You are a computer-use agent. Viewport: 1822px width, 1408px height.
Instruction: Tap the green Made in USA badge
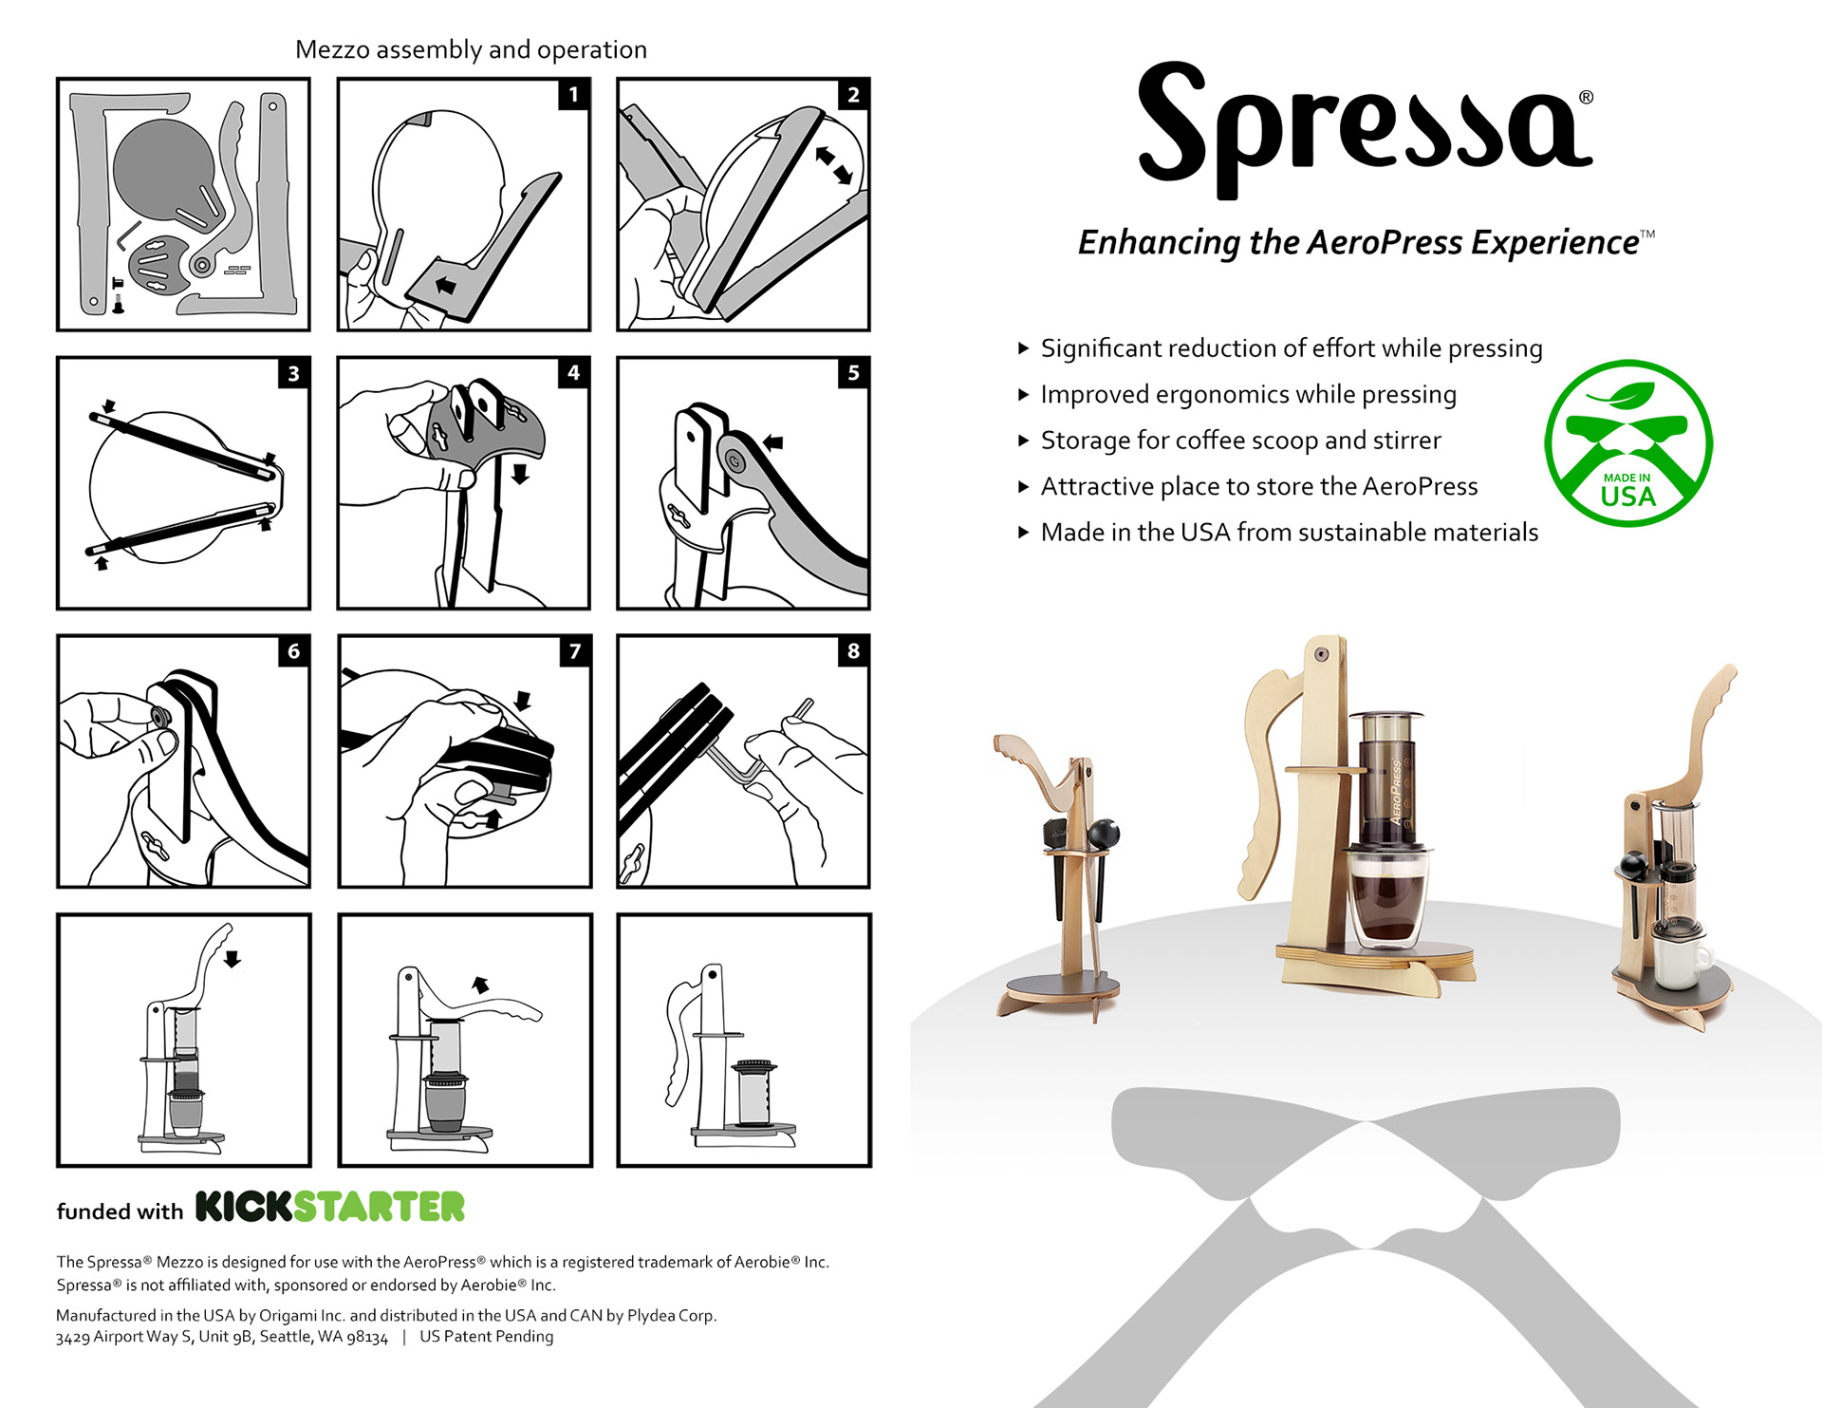click(1628, 442)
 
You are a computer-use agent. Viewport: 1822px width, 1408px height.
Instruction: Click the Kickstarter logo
click(330, 1206)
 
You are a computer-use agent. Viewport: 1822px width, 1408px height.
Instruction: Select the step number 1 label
click(573, 94)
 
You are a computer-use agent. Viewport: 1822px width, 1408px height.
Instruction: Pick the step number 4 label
click(573, 372)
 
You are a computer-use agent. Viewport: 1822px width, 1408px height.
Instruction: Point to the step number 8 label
click(853, 650)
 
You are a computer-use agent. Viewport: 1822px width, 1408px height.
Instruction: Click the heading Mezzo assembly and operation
click(471, 49)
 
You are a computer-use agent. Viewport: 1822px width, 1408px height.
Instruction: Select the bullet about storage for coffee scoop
click(1240, 441)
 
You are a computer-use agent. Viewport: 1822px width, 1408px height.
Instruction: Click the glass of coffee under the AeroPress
click(1387, 898)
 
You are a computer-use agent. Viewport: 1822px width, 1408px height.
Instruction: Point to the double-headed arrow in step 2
click(833, 164)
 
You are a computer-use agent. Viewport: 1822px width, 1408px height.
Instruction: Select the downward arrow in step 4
click(520, 473)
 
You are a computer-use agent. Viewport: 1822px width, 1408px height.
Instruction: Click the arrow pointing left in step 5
click(773, 441)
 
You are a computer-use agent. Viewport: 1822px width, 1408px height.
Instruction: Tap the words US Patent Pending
click(487, 1337)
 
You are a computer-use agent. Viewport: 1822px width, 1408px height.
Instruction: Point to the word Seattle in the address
click(286, 1337)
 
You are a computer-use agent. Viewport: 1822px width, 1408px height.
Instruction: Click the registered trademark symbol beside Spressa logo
click(1586, 98)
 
